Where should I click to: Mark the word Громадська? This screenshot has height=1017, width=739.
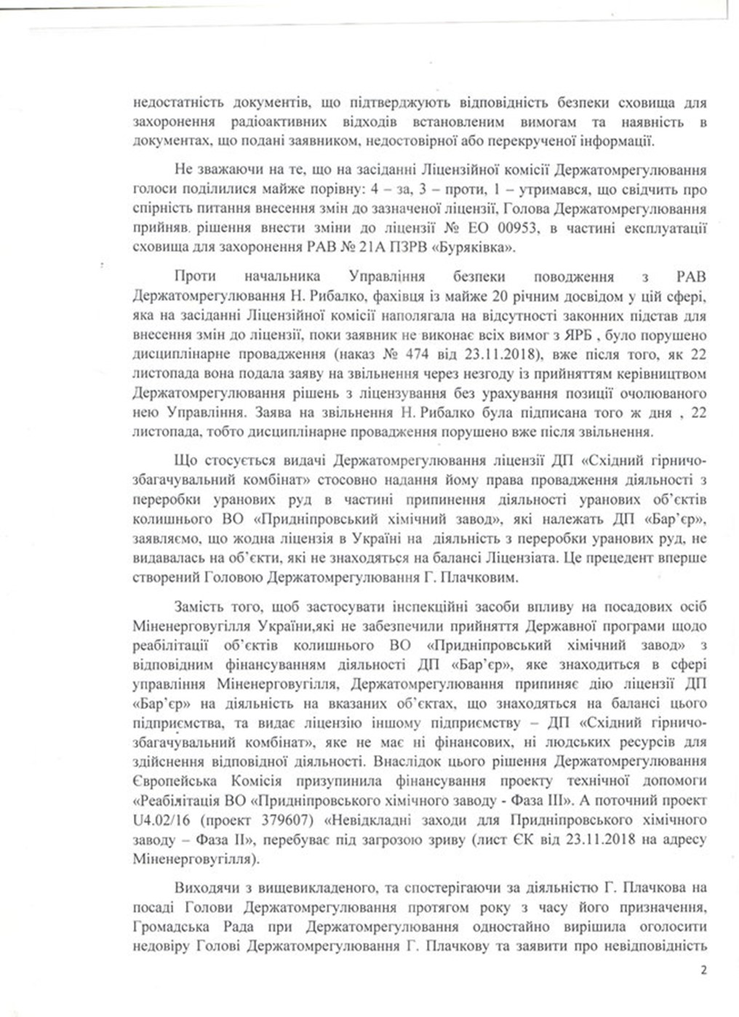173,927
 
